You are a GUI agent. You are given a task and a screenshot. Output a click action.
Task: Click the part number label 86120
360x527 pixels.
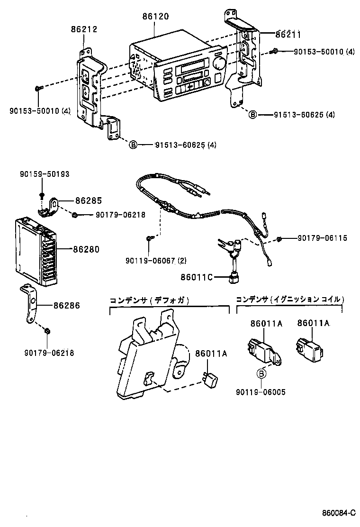tap(155, 17)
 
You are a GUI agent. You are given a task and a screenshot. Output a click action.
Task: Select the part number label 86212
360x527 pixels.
tap(84, 29)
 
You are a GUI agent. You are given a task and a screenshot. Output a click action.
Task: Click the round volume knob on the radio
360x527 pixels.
tap(218, 63)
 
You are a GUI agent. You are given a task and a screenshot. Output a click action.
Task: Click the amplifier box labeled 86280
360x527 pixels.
tap(37, 248)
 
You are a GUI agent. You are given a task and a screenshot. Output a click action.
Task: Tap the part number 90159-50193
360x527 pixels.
tap(45, 174)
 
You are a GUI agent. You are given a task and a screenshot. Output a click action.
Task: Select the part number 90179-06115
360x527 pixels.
tap(322, 238)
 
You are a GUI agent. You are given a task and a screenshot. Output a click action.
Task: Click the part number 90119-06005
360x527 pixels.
tap(260, 392)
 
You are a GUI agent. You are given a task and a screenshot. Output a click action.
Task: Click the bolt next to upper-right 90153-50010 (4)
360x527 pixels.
tap(274, 51)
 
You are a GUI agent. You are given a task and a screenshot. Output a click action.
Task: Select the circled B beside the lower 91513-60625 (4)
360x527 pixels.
tap(134, 145)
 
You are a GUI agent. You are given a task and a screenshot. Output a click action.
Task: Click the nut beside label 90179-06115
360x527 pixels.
tap(280, 238)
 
